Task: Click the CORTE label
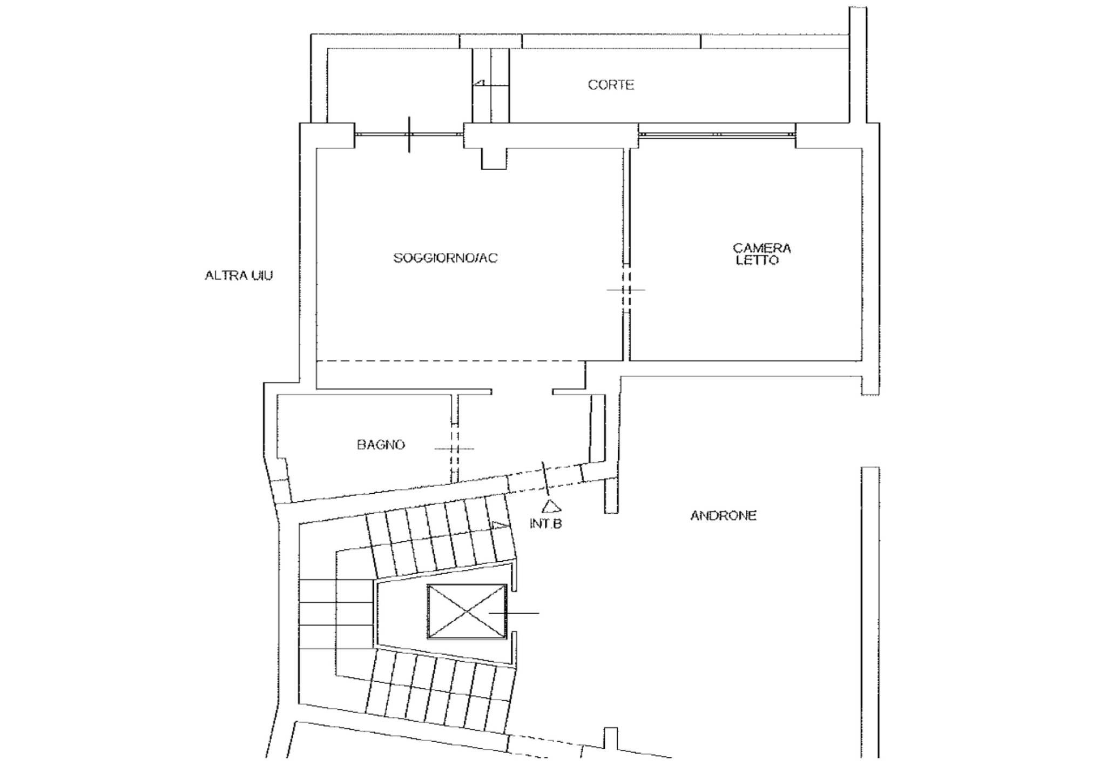click(x=611, y=85)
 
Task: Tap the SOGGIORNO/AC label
click(x=446, y=258)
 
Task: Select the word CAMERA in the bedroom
click(x=762, y=248)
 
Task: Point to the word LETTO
click(x=758, y=260)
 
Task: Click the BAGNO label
click(x=381, y=445)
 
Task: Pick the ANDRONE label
click(x=723, y=515)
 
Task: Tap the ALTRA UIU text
click(x=239, y=276)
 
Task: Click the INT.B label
click(x=545, y=523)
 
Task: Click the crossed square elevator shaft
click(x=467, y=612)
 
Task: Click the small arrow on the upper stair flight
click(x=500, y=525)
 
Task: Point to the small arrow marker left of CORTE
click(x=480, y=83)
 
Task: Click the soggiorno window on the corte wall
click(x=409, y=135)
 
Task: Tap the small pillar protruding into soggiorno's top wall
click(x=494, y=158)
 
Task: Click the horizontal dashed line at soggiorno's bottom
click(x=451, y=361)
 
